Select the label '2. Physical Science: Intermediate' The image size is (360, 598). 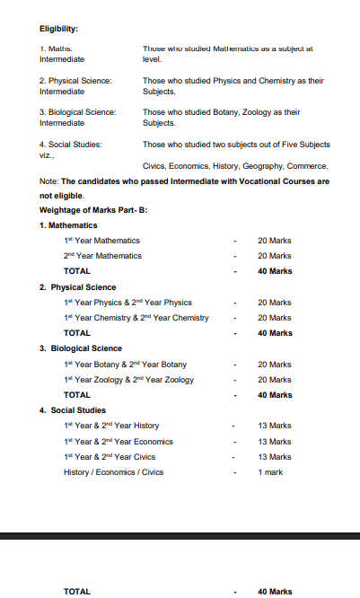[x=75, y=86]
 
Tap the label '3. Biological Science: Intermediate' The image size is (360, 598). [x=77, y=118]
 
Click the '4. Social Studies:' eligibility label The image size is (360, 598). [x=71, y=144]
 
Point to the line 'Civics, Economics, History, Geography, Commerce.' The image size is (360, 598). [x=235, y=166]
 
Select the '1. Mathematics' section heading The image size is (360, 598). [x=68, y=224]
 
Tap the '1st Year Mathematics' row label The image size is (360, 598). [x=101, y=241]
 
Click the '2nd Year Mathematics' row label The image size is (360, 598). [x=102, y=256]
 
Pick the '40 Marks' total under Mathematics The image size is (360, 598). [x=275, y=271]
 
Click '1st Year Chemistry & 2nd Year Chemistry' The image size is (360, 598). [x=136, y=318]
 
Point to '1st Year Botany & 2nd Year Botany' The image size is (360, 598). [x=126, y=365]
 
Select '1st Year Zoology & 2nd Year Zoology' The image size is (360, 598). [x=128, y=380]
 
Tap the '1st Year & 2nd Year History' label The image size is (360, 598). [x=111, y=426]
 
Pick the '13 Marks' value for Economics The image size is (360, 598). [x=274, y=442]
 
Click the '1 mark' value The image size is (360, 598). [x=270, y=472]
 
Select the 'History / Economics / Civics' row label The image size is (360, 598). [x=113, y=472]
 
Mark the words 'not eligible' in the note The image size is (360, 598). [x=62, y=195]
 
